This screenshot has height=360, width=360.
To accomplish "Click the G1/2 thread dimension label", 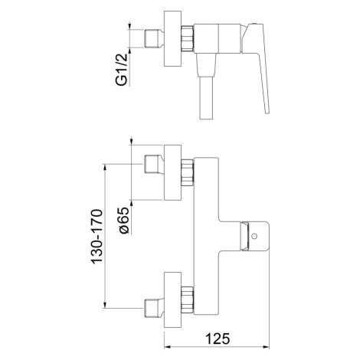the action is pyautogui.click(x=122, y=70).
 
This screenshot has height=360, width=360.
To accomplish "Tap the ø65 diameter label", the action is pyautogui.click(x=125, y=220).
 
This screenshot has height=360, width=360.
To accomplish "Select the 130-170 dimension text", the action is pyautogui.click(x=97, y=237).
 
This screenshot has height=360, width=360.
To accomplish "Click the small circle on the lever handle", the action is pyautogui.click(x=254, y=236).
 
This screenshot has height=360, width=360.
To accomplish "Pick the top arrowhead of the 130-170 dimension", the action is pyautogui.click(x=105, y=168).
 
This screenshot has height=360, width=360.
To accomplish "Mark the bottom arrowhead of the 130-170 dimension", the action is pyautogui.click(x=105, y=305).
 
